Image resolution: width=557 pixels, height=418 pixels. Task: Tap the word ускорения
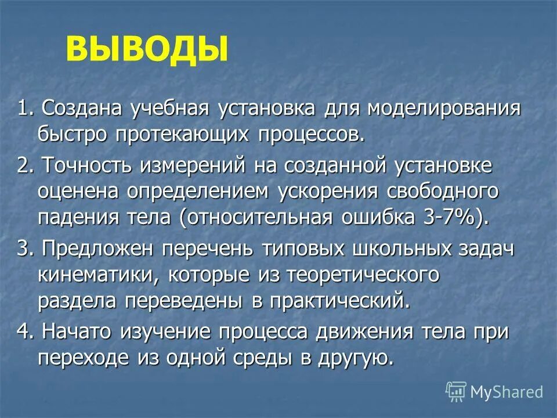(x=333, y=192)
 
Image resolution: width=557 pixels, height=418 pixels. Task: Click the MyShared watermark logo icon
(x=455, y=391)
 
